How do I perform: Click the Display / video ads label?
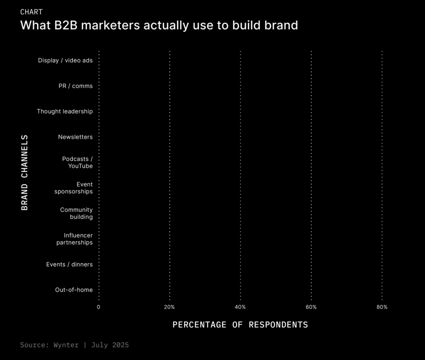pyautogui.click(x=65, y=60)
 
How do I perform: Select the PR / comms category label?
pyautogui.click(x=76, y=86)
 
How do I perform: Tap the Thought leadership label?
pyautogui.click(x=65, y=111)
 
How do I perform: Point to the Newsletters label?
pyautogui.click(x=75, y=137)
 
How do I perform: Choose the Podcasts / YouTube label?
pyautogui.click(x=77, y=162)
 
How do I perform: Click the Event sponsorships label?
pyautogui.click(x=74, y=188)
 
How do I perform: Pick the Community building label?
pyautogui.click(x=76, y=213)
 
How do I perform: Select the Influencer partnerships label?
pyautogui.click(x=75, y=239)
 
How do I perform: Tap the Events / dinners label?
pyautogui.click(x=69, y=265)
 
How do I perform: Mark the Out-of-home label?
pyautogui.click(x=74, y=290)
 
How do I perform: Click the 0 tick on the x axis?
pyautogui.click(x=98, y=307)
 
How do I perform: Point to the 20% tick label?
pyautogui.click(x=169, y=307)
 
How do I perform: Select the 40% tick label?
pyautogui.click(x=240, y=307)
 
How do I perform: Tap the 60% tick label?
pyautogui.click(x=311, y=307)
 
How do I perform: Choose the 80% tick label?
pyautogui.click(x=382, y=307)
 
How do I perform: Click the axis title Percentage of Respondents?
pyautogui.click(x=240, y=324)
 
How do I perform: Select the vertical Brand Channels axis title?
pyautogui.click(x=25, y=172)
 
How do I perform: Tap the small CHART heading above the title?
pyautogui.click(x=31, y=12)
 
